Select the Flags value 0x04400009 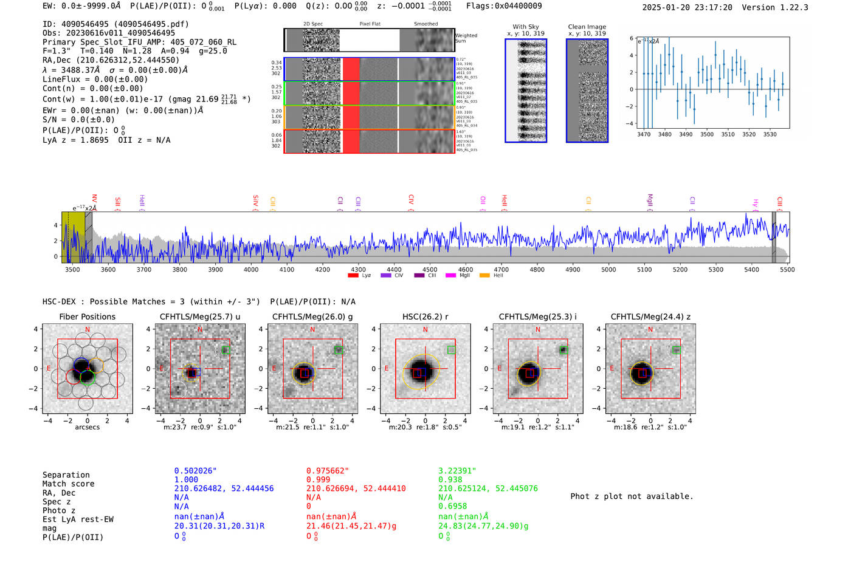(x=504, y=5)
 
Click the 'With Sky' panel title (x=526, y=27)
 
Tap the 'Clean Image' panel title (x=587, y=27)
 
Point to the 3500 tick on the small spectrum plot (x=707, y=134)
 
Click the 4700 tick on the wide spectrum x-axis (x=501, y=269)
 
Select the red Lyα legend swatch (x=353, y=276)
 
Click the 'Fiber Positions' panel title (x=87, y=317)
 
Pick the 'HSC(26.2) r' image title (x=425, y=317)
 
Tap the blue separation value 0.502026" (x=196, y=471)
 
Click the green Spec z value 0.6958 (x=453, y=506)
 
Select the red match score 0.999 (x=319, y=479)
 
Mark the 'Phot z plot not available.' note (x=632, y=496)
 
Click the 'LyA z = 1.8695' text (x=75, y=140)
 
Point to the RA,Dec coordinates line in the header (x=111, y=60)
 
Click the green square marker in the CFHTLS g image (x=339, y=350)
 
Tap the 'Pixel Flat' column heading (x=370, y=24)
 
